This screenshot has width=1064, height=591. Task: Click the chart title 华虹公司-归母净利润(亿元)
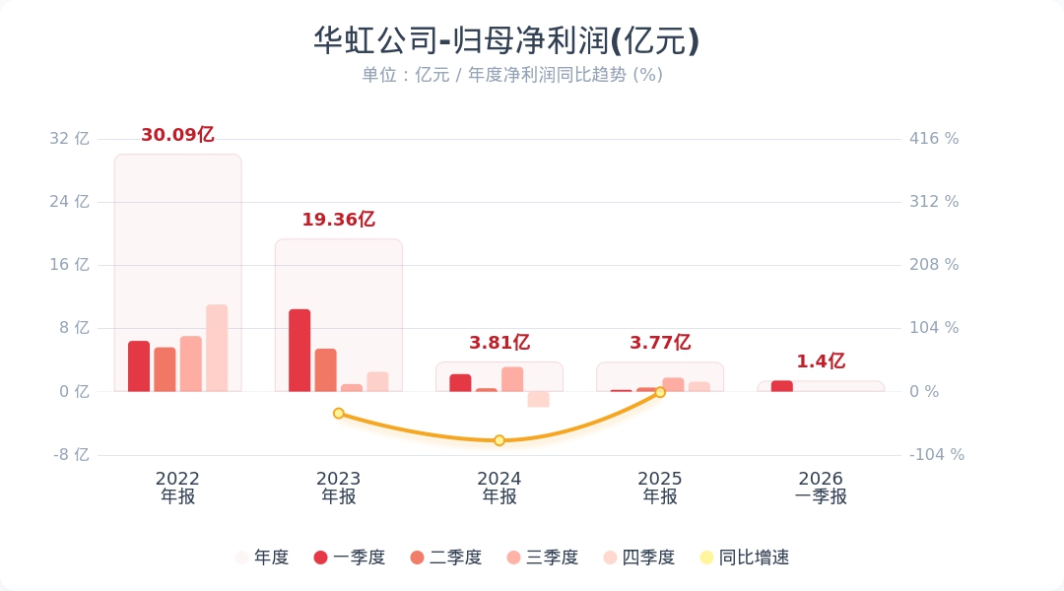pyautogui.click(x=506, y=40)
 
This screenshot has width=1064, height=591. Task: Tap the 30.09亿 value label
pyautogui.click(x=177, y=135)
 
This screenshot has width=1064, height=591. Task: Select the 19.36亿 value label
pyautogui.click(x=339, y=220)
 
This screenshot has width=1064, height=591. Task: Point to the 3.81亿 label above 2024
pyautogui.click(x=499, y=343)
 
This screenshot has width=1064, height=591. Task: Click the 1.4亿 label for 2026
pyautogui.click(x=821, y=361)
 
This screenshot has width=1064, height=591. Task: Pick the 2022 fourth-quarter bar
pyautogui.click(x=217, y=348)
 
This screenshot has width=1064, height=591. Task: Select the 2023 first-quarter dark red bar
pyautogui.click(x=299, y=350)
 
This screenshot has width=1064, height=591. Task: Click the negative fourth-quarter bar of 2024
pyautogui.click(x=539, y=399)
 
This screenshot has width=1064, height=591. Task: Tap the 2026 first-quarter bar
pyautogui.click(x=781, y=386)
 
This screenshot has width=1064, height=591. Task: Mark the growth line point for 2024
pyautogui.click(x=499, y=440)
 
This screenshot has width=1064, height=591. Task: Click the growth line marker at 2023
pyautogui.click(x=339, y=414)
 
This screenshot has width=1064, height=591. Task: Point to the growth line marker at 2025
pyautogui.click(x=660, y=392)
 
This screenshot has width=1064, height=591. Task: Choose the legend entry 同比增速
pyautogui.click(x=745, y=558)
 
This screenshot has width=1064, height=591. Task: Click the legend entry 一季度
pyautogui.click(x=350, y=558)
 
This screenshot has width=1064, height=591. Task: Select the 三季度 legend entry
pyautogui.click(x=542, y=558)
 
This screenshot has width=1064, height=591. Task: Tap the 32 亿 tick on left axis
pyautogui.click(x=69, y=139)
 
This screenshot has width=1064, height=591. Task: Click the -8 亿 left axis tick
pyautogui.click(x=71, y=455)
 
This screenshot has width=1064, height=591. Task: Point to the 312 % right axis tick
pyautogui.click(x=934, y=202)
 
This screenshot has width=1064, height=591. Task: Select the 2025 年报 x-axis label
pyautogui.click(x=660, y=488)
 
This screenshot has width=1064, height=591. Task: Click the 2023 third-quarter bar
pyautogui.click(x=352, y=388)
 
